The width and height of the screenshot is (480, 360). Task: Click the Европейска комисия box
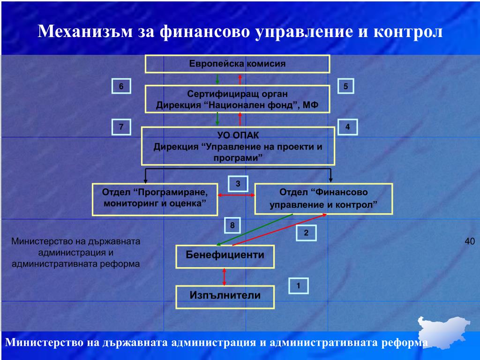pyautogui.click(x=237, y=64)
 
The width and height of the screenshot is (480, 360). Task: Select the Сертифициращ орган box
pyautogui.click(x=237, y=99)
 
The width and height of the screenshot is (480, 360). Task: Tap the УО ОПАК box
pyautogui.click(x=238, y=146)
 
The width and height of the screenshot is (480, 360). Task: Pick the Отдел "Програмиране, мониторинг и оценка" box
pyautogui.click(x=155, y=199)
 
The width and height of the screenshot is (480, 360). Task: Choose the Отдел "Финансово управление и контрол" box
pyautogui.click(x=323, y=199)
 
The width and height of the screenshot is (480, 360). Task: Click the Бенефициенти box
pyautogui.click(x=225, y=256)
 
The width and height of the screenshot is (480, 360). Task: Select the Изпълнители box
pyautogui.click(x=225, y=296)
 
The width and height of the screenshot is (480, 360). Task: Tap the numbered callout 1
pyautogui.click(x=298, y=285)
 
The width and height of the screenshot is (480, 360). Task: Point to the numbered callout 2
pyautogui.click(x=306, y=233)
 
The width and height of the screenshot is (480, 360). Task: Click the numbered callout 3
pyautogui.click(x=238, y=184)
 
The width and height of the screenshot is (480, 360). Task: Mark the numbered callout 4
pyautogui.click(x=347, y=127)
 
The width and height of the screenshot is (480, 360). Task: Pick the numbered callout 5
pyautogui.click(x=345, y=86)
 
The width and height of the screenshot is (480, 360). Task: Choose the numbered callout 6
pyautogui.click(x=121, y=86)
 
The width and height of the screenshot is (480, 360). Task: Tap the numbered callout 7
pyautogui.click(x=121, y=127)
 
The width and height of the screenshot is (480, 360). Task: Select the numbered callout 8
pyautogui.click(x=232, y=226)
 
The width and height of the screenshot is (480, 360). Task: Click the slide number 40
pyautogui.click(x=470, y=241)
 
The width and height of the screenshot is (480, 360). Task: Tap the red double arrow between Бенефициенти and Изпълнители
pyautogui.click(x=225, y=277)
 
